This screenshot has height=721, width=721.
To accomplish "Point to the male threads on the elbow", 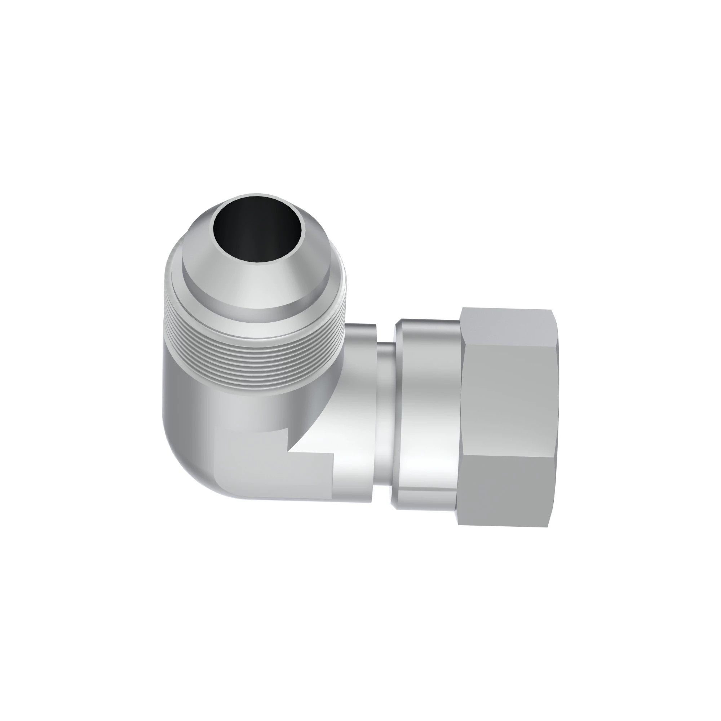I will (x=254, y=351).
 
